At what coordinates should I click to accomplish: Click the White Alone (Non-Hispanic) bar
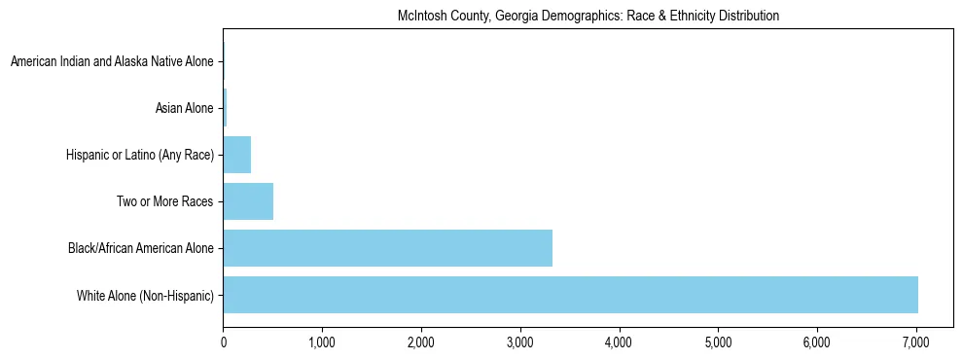click(x=570, y=295)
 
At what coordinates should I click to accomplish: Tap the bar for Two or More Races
click(x=248, y=201)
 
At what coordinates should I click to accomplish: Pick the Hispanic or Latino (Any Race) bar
click(x=237, y=155)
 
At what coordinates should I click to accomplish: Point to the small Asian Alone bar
click(x=225, y=108)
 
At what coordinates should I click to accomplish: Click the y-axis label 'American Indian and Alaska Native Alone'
click(x=112, y=62)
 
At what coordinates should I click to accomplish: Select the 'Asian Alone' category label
click(x=184, y=108)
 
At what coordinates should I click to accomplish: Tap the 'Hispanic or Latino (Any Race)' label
click(x=140, y=155)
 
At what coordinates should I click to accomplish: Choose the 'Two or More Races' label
click(x=164, y=201)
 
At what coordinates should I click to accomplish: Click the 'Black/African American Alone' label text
click(x=141, y=248)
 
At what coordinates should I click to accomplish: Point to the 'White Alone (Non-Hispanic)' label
click(x=145, y=295)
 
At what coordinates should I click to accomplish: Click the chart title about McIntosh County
click(x=588, y=17)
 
